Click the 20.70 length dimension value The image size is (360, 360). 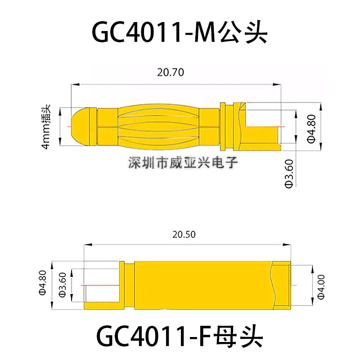[x=171, y=72]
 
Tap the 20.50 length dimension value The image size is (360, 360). [x=184, y=234]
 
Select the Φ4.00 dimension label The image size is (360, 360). [x=321, y=287]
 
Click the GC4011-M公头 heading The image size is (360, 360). [x=180, y=32]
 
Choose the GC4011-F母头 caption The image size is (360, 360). [x=180, y=337]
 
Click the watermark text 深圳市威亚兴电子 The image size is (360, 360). [x=183, y=162]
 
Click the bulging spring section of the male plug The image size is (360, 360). [x=158, y=126]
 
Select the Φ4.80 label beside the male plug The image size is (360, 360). [x=311, y=129]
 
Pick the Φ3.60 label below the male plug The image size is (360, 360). [x=289, y=174]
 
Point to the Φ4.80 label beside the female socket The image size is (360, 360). [x=43, y=283]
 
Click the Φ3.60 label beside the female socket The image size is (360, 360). [x=63, y=285]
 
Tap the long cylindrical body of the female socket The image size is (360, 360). [x=203, y=285]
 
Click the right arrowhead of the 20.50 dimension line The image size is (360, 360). [x=287, y=245]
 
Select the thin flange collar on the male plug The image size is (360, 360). [x=223, y=126]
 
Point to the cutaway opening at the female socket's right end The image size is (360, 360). [x=282, y=285]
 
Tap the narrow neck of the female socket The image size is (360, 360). [x=129, y=285]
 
